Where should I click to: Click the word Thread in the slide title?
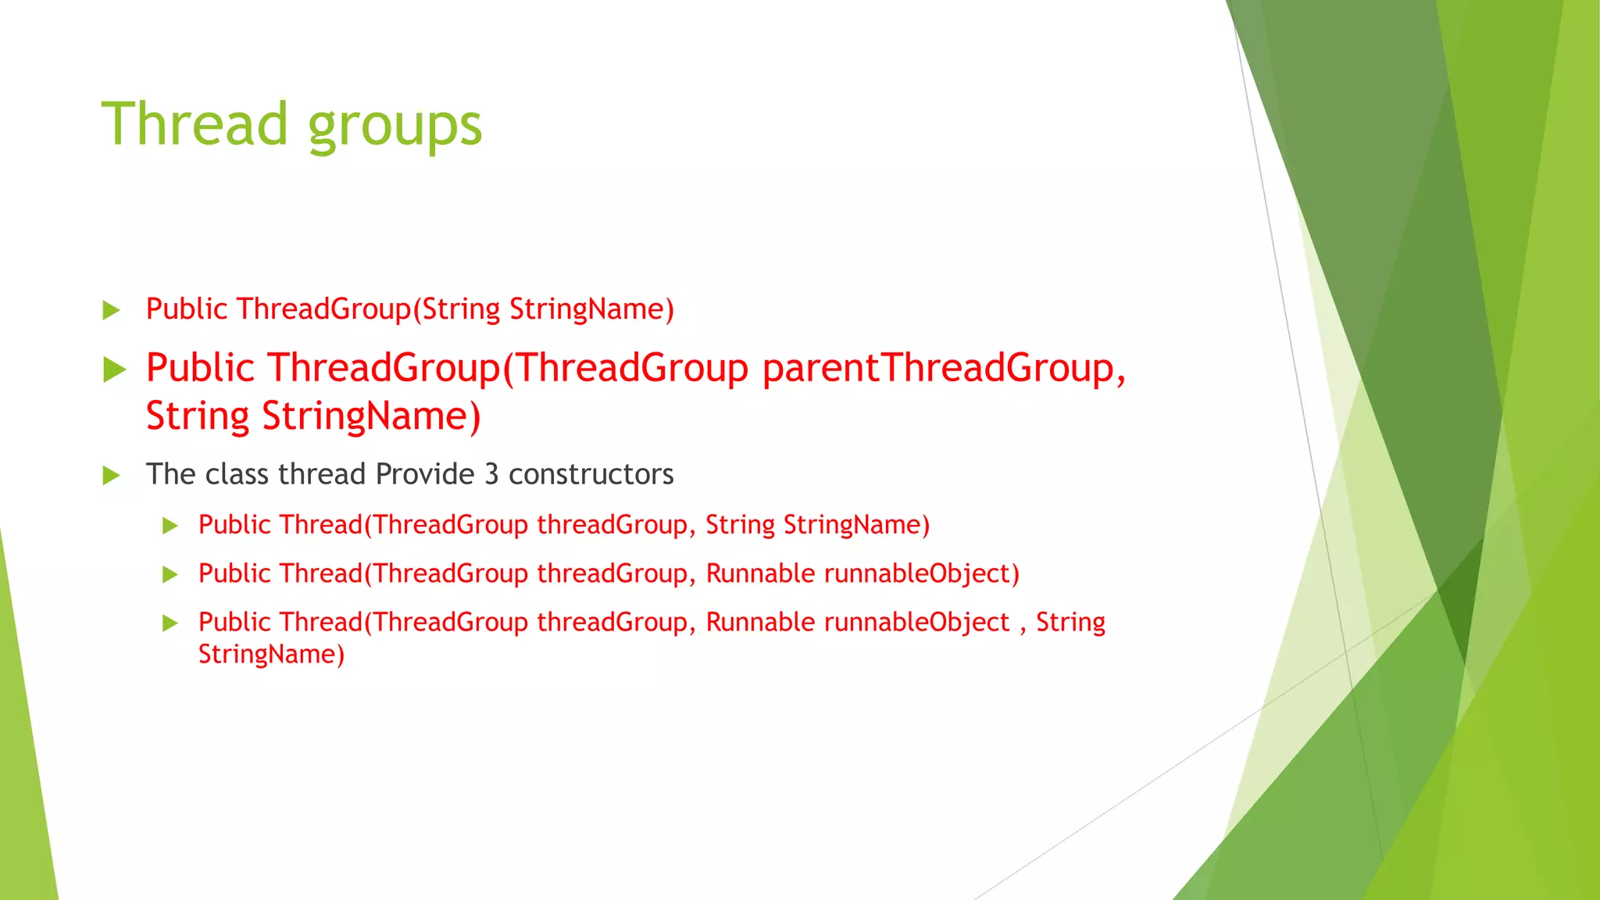(x=195, y=124)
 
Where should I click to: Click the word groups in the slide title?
(x=395, y=127)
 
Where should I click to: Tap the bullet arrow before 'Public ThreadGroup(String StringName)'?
(x=112, y=310)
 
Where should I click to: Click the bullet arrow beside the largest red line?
(x=114, y=370)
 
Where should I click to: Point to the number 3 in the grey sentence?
(x=491, y=474)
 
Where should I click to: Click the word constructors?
(x=591, y=474)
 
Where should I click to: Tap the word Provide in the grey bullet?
(x=425, y=474)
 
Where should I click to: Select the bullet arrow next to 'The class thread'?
(x=112, y=475)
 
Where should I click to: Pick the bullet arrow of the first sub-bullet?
(x=170, y=526)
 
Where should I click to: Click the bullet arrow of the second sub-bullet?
(x=170, y=575)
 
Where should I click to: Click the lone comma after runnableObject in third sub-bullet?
(x=1023, y=625)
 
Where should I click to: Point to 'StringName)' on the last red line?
(x=271, y=654)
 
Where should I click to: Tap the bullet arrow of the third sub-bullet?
(x=170, y=623)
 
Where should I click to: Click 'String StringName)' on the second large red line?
(x=312, y=416)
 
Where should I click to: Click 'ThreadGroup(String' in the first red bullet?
(x=368, y=309)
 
